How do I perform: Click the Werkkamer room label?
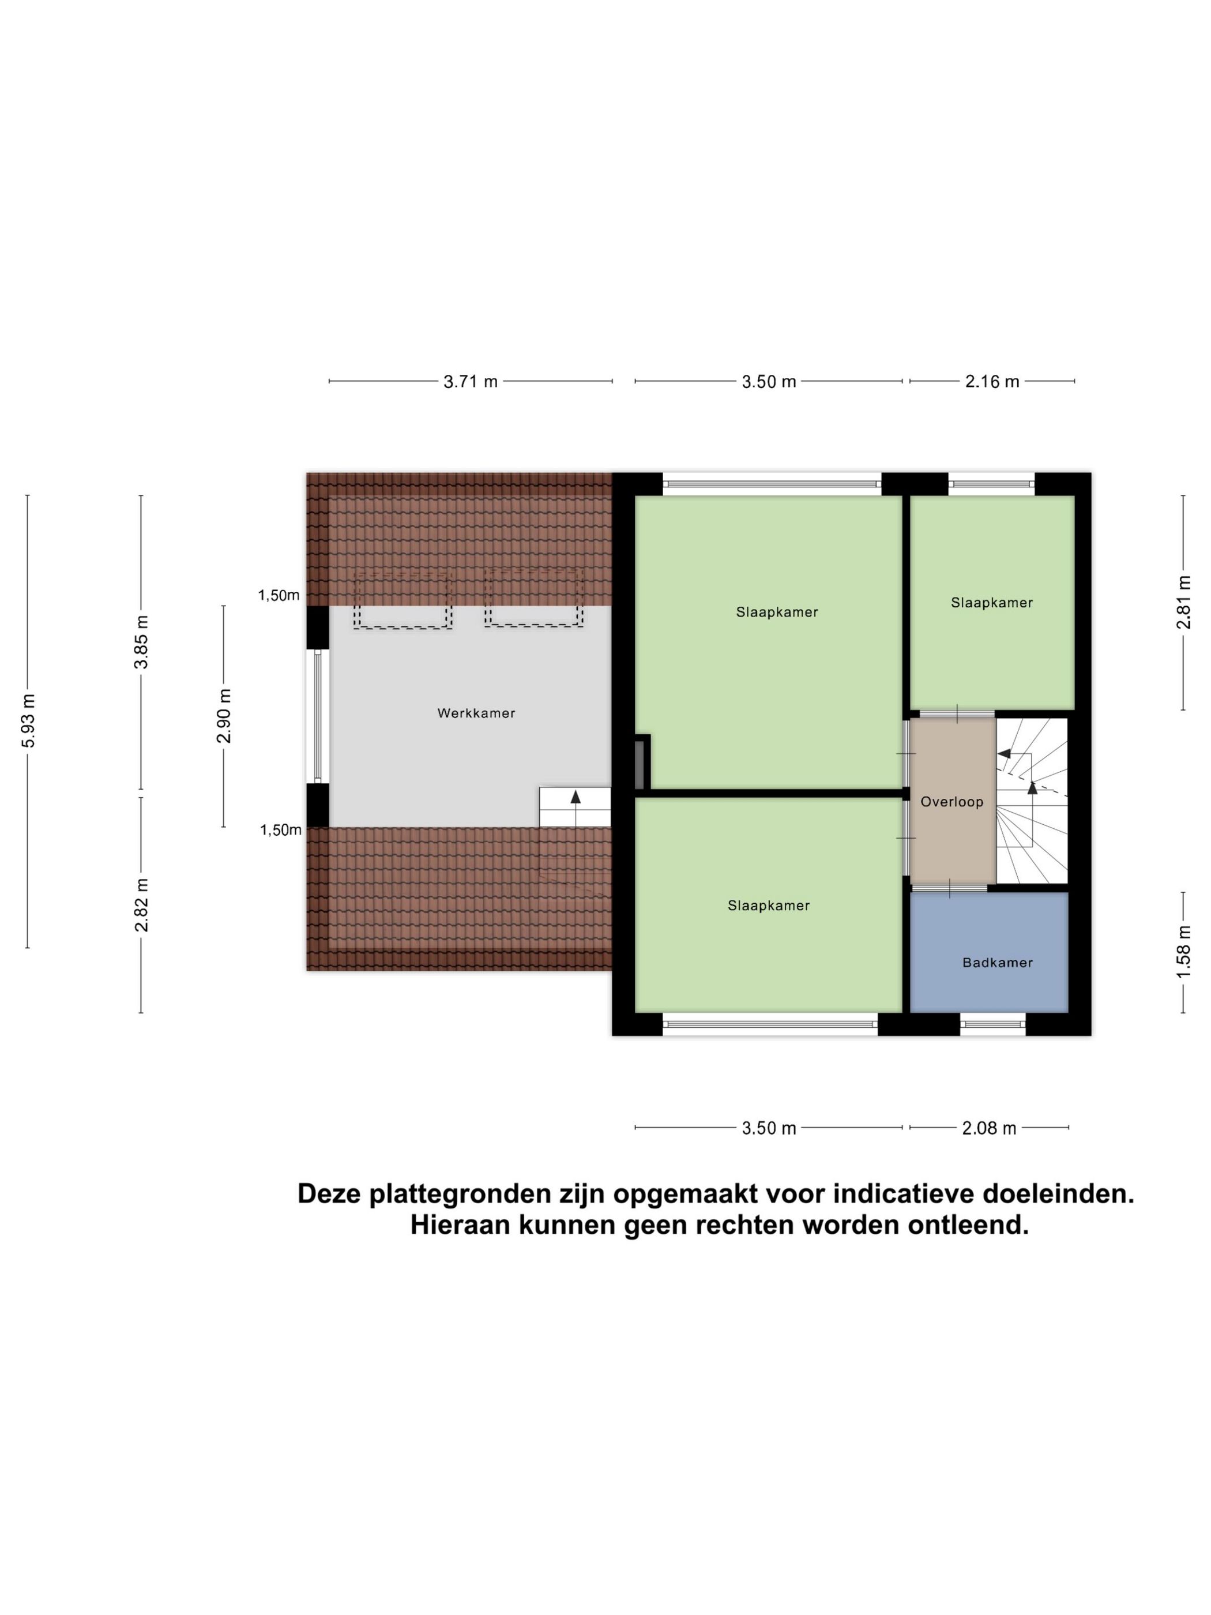pos(476,713)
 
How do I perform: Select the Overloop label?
pos(951,802)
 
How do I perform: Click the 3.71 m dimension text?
pos(470,381)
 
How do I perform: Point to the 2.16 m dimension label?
pos(992,381)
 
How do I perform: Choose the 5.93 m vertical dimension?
pos(28,720)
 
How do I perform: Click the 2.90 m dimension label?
pos(224,716)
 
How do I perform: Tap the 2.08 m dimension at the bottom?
pos(988,1128)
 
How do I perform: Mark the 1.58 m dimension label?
pos(1183,952)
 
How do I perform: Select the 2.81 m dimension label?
pos(1183,602)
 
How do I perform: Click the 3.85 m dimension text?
pos(141,642)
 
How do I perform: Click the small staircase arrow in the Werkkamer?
pos(575,798)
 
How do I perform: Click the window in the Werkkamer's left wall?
pos(318,716)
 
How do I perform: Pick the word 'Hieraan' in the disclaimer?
pos(460,1225)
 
